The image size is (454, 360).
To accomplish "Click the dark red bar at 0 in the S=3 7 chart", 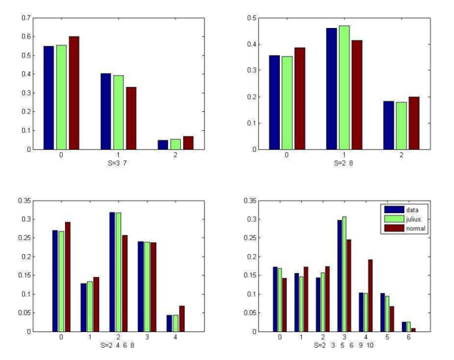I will (73, 92).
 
